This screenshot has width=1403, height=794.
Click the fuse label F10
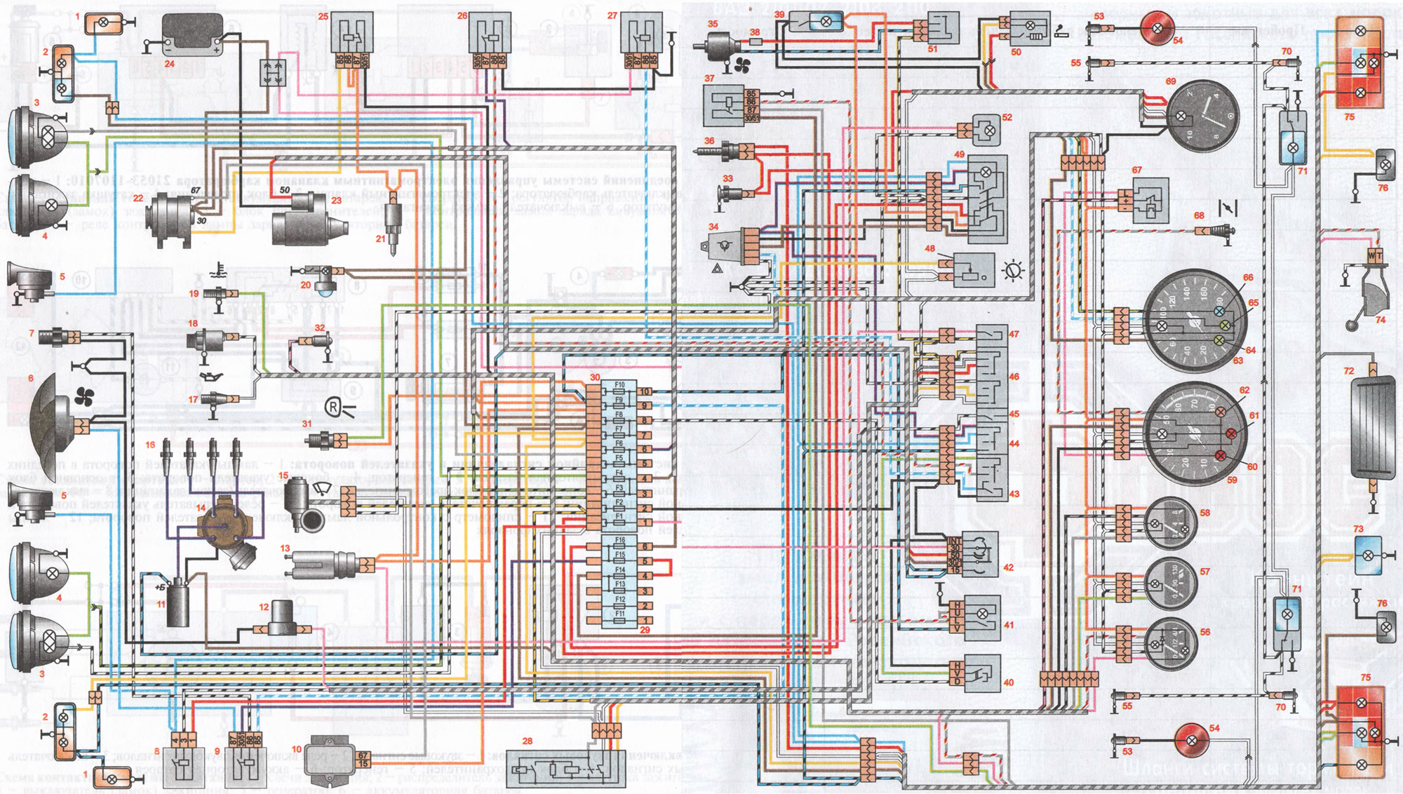619,385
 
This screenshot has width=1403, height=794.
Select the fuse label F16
619,541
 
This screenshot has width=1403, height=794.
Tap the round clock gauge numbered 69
1202,117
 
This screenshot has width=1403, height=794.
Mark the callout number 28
528,741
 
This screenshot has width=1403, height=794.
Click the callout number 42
1008,567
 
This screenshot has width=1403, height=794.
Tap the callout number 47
1014,335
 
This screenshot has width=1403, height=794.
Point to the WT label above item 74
1374,256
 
